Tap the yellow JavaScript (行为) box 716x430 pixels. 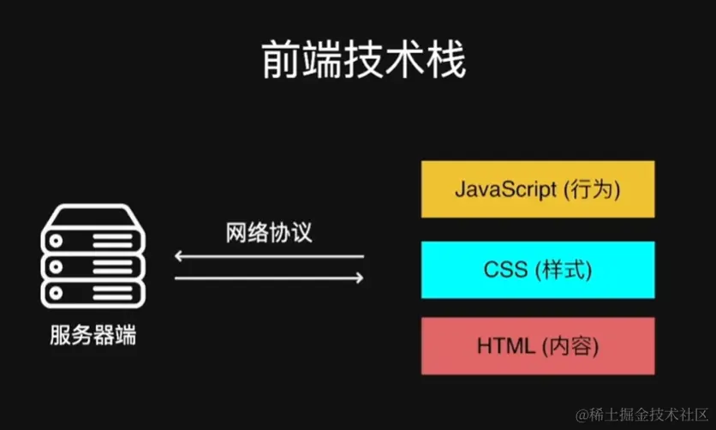(537, 189)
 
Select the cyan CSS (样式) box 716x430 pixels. (537, 270)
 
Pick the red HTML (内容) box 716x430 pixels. (537, 346)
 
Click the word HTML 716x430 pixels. (504, 346)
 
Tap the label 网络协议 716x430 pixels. (269, 232)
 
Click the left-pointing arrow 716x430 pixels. (269, 255)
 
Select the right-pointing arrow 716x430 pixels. (269, 277)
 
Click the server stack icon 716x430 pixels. (92, 258)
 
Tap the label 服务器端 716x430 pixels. (92, 335)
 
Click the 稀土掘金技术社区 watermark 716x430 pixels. (643, 415)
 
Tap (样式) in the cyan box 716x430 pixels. (564, 270)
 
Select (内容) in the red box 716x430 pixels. (570, 346)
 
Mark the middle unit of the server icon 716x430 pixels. (92, 258)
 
